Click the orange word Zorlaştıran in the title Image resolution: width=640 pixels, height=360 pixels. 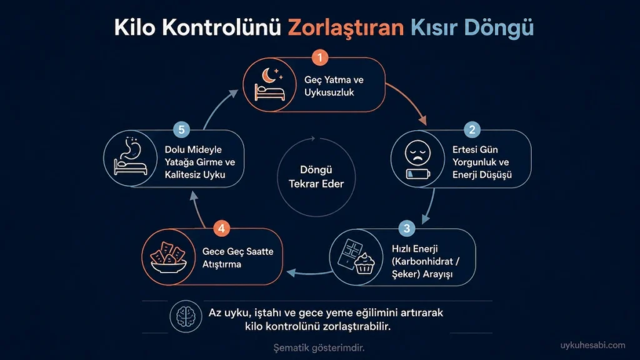[346, 27]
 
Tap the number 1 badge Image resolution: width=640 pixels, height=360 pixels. [320, 57]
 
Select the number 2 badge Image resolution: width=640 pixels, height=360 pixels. [472, 130]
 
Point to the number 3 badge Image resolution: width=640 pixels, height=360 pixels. [406, 228]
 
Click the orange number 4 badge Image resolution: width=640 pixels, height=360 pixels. [221, 228]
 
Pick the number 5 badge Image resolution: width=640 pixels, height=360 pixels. [182, 130]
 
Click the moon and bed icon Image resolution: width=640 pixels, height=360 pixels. [269, 84]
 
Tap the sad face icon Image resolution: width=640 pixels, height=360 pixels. [417, 153]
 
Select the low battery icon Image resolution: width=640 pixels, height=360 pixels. [418, 174]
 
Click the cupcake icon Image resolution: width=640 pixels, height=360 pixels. [364, 264]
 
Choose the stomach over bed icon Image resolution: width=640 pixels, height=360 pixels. [131, 156]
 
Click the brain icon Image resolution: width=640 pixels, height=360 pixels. [186, 316]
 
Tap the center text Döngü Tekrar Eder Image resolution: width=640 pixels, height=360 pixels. [316, 177]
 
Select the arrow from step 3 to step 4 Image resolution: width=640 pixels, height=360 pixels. [309, 272]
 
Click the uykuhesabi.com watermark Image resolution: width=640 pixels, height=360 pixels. [592, 345]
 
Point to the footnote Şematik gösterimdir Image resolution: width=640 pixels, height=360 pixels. [319, 347]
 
